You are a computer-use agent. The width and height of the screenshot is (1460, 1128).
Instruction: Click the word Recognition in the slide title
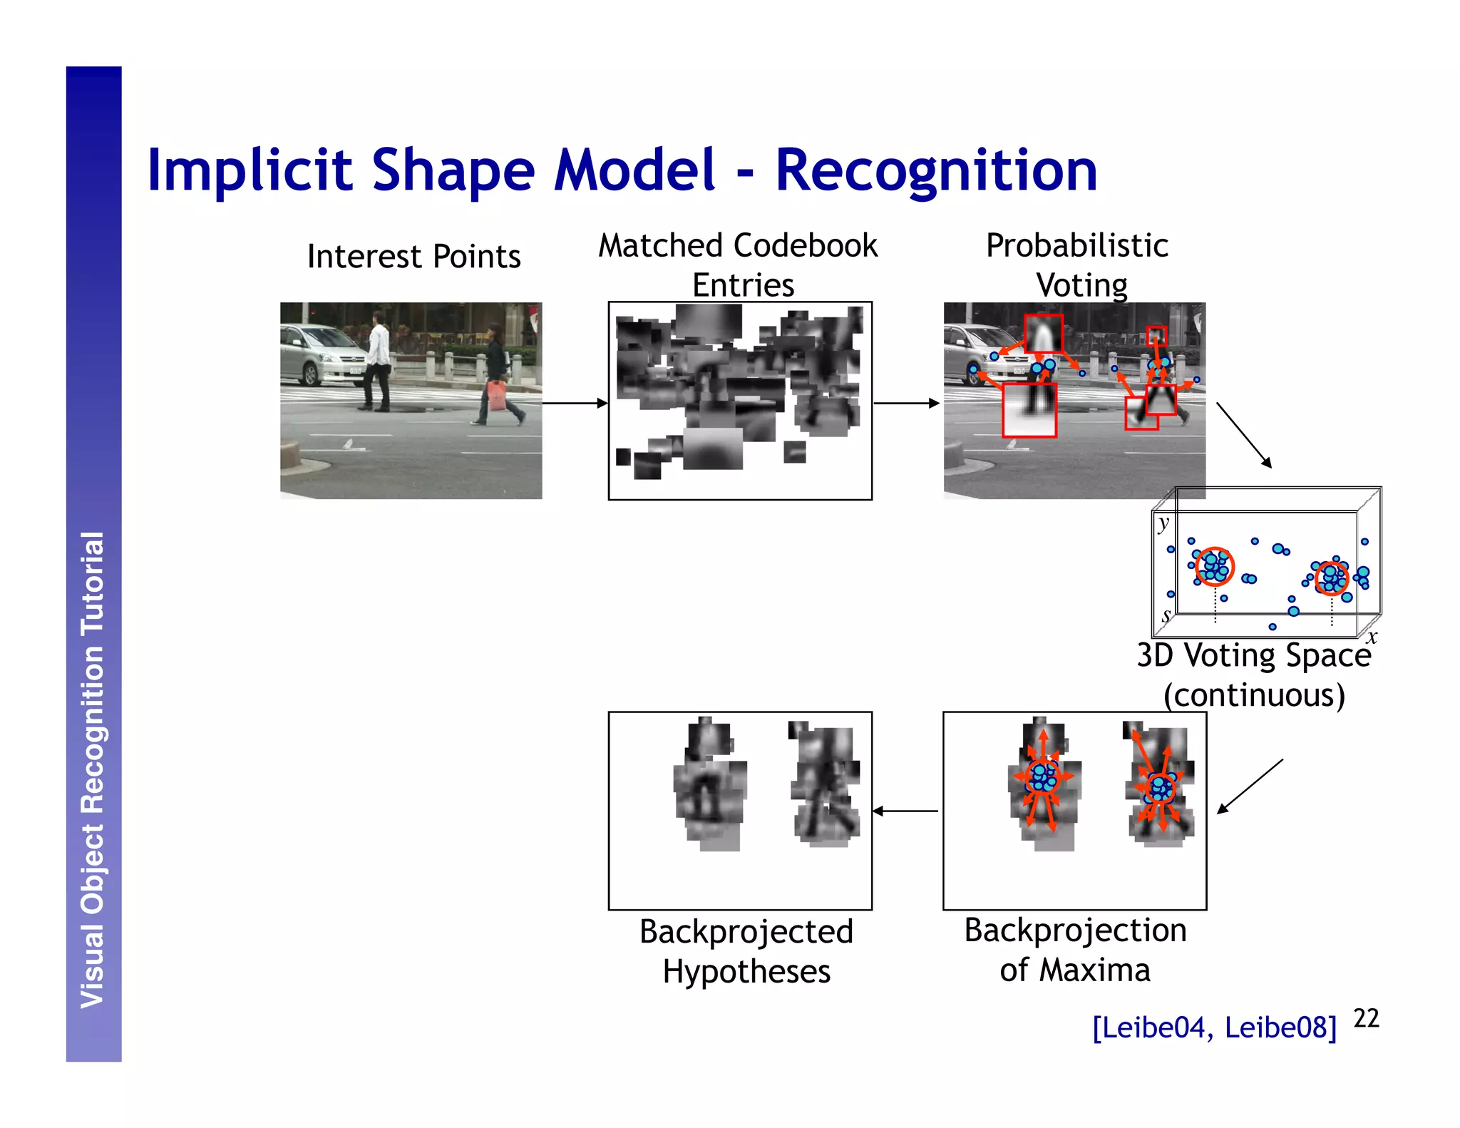point(935,171)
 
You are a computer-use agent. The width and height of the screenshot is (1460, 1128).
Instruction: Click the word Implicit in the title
point(250,171)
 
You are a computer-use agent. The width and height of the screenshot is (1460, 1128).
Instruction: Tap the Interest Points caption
point(413,257)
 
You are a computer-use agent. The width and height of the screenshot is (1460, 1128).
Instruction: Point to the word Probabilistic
point(1076,246)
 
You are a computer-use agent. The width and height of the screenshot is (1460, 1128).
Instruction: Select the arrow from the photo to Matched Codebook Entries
point(575,404)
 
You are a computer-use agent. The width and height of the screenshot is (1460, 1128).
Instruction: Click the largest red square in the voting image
point(1029,410)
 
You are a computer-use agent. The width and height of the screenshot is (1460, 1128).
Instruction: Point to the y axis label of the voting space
point(1163,523)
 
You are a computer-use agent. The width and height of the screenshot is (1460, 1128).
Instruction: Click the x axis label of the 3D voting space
point(1372,637)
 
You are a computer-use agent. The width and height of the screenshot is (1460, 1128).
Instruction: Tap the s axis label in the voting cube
point(1166,614)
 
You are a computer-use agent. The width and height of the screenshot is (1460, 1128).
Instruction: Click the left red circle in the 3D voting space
point(1214,566)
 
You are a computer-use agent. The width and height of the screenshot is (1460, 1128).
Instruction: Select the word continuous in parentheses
point(1255,695)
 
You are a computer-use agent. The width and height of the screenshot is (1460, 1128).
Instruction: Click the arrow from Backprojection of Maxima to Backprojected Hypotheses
point(905,811)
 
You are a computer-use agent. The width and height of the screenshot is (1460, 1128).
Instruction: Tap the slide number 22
point(1366,1018)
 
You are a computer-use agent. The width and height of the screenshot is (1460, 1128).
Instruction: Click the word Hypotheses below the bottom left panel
point(746,972)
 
